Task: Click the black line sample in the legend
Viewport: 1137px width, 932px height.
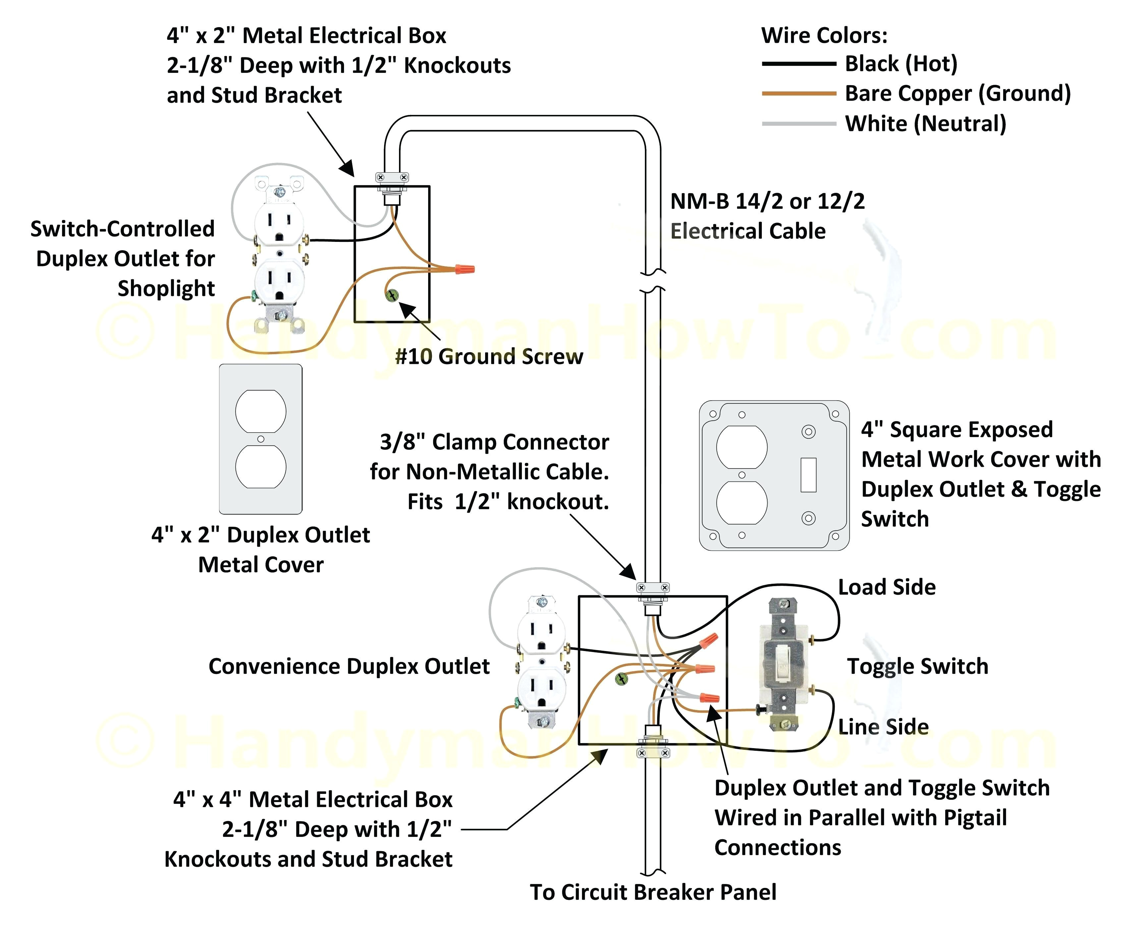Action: click(x=799, y=64)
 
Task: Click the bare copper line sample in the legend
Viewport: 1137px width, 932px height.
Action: click(x=799, y=93)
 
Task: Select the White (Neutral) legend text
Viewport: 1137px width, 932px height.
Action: click(x=925, y=124)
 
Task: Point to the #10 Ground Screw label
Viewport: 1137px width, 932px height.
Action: click(x=489, y=356)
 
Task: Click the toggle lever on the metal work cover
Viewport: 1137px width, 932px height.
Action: click(x=808, y=474)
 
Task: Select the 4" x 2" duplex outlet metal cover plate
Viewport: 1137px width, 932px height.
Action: click(x=260, y=439)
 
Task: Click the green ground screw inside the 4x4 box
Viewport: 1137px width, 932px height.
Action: click(x=621, y=679)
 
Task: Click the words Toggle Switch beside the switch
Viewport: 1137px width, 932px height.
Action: click(x=917, y=666)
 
